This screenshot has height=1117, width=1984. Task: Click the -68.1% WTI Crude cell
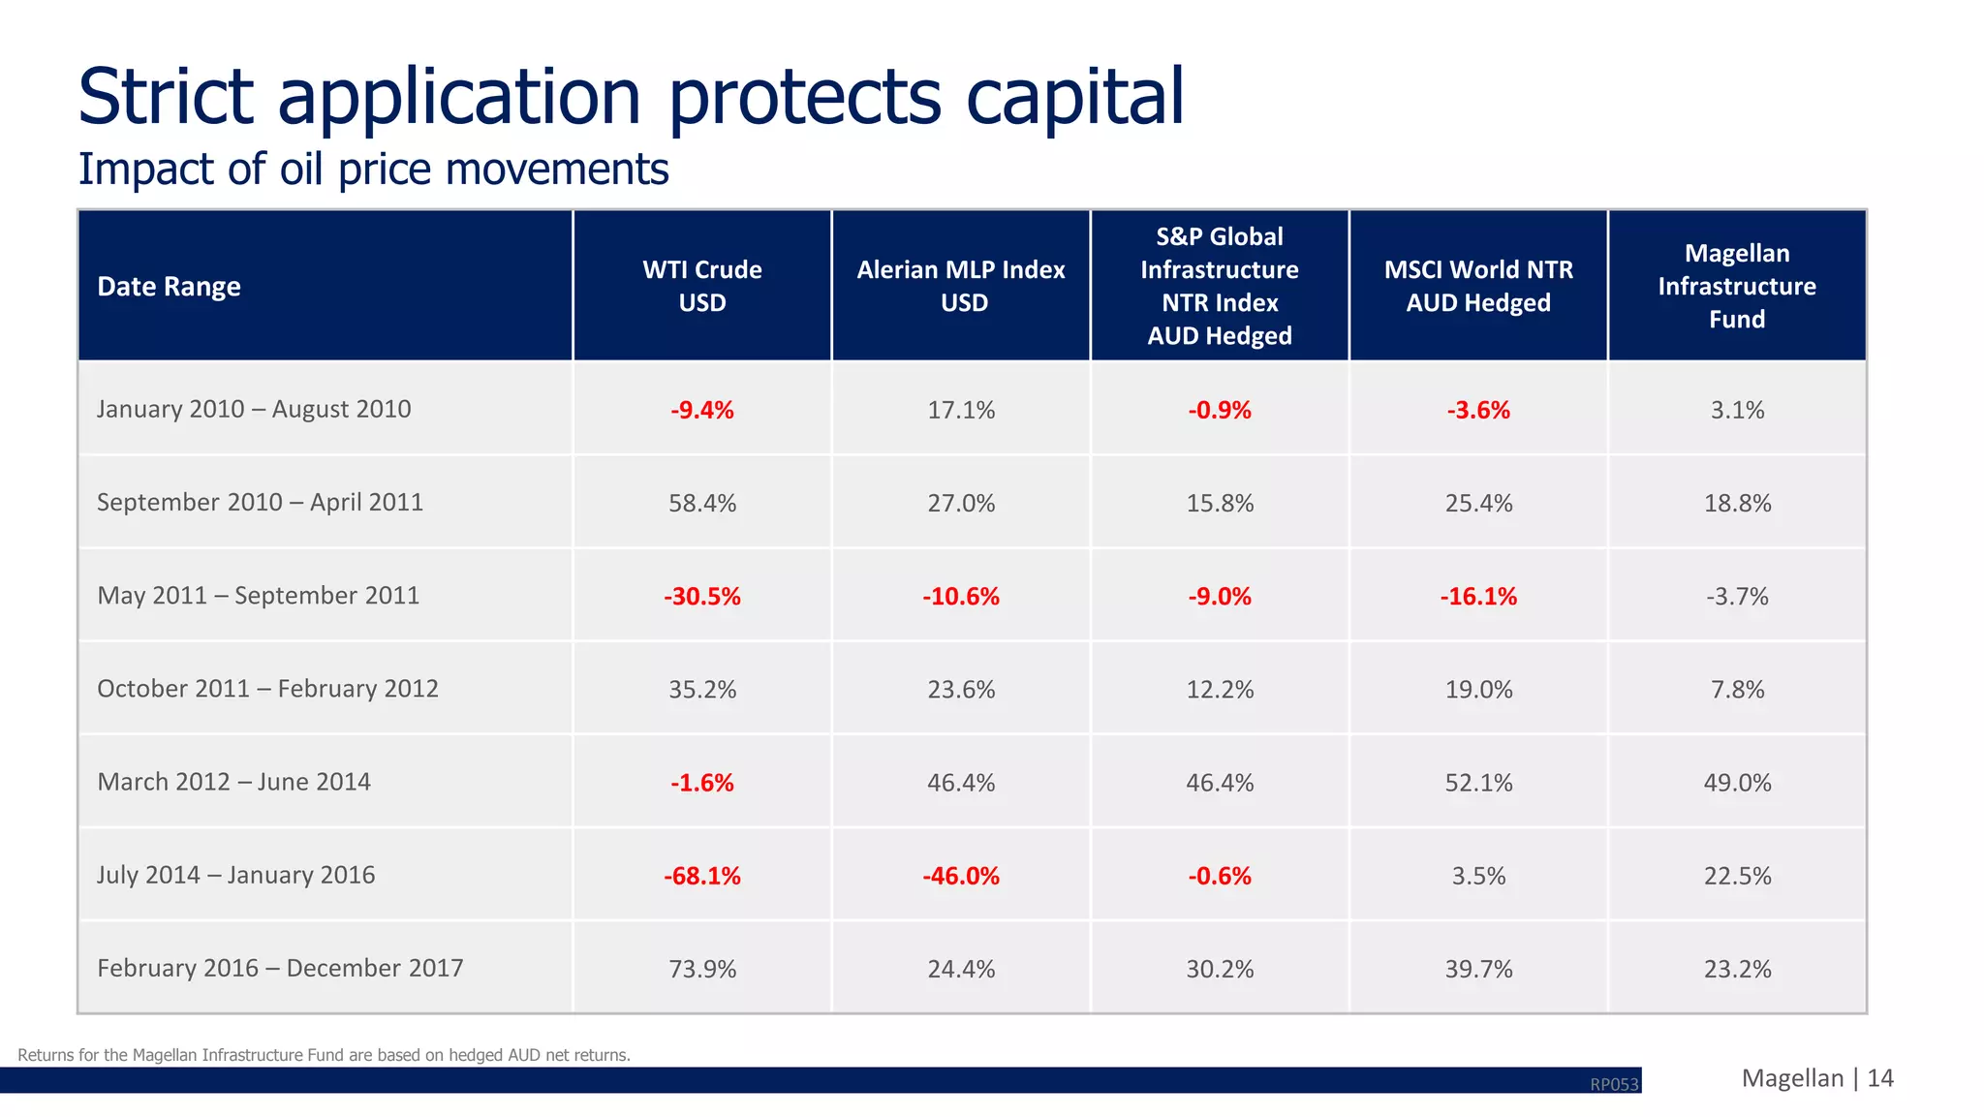(701, 876)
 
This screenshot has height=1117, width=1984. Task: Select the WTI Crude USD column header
(701, 286)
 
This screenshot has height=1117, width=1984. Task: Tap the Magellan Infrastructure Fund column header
(1736, 286)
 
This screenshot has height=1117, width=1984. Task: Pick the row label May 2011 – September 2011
(258, 595)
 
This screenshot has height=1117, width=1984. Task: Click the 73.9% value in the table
(701, 969)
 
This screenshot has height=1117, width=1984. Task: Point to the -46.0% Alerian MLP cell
(960, 876)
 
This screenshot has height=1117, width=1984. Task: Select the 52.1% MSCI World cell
(1478, 783)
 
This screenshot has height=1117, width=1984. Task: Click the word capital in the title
(1074, 97)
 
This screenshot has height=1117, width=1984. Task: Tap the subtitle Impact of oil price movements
(373, 170)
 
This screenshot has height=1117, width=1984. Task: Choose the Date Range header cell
(170, 287)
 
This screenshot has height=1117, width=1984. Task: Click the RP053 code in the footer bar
(1614, 1084)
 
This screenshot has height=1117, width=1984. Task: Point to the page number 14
(1879, 1078)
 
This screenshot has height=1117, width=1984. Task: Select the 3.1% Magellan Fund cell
(1736, 410)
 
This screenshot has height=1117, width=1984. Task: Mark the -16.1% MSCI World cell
(1478, 596)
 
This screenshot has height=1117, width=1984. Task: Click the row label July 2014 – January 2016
(235, 875)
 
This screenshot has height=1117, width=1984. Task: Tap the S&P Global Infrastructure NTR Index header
(1219, 286)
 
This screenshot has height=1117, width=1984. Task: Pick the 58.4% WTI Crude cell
(701, 503)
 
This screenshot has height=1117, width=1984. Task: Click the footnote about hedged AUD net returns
(324, 1055)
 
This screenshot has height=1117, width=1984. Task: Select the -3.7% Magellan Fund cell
(1736, 596)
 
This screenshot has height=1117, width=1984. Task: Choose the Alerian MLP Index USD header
(960, 286)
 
